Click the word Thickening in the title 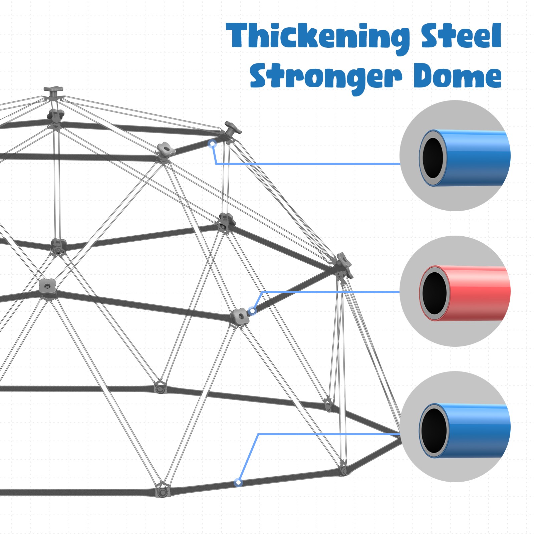point(317,37)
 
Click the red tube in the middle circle point(477,293)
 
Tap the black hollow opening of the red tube point(434,293)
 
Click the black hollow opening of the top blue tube point(433,158)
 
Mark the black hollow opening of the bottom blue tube point(434,431)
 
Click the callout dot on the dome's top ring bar point(212,144)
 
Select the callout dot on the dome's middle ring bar point(253,311)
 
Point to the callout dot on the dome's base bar point(238,482)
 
